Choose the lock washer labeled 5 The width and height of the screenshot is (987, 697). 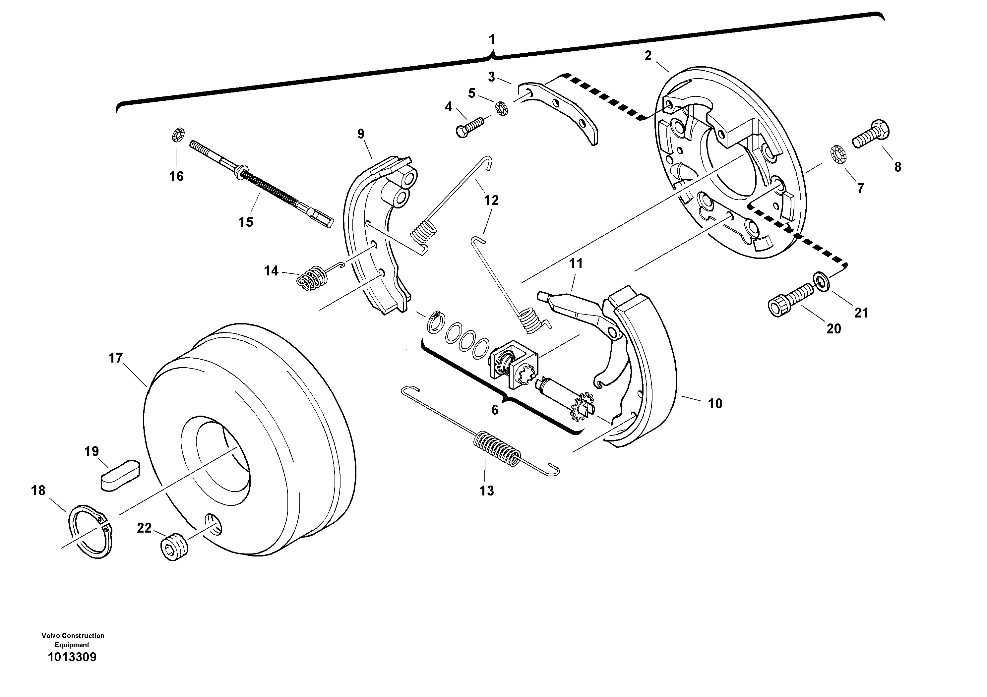(502, 108)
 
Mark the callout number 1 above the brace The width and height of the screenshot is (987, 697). (492, 40)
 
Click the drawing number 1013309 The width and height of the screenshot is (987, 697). (72, 657)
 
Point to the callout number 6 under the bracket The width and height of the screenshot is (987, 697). (495, 410)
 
